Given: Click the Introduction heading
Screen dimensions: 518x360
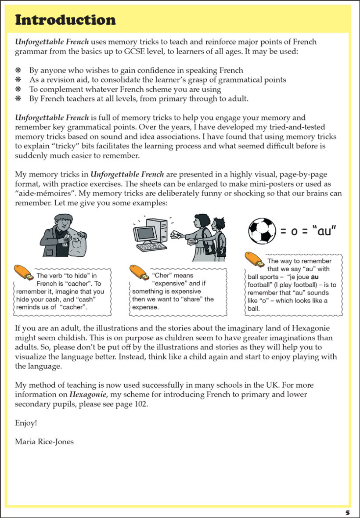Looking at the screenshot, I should click(x=65, y=20).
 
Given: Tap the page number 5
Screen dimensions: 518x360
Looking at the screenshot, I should click(x=347, y=512).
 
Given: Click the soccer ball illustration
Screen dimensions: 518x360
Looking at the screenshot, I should click(x=262, y=231).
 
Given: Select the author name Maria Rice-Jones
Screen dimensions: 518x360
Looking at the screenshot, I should click(x=44, y=441).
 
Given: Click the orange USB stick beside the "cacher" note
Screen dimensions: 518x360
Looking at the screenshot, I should click(x=24, y=272).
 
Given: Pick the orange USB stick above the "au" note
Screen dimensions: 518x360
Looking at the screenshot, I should click(x=255, y=259).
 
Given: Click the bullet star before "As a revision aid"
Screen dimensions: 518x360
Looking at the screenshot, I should click(x=18, y=80).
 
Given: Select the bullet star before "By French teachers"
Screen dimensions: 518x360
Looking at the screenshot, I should click(x=18, y=99).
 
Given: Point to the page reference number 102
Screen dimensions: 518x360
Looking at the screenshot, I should click(x=140, y=404).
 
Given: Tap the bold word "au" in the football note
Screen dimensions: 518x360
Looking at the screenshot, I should click(x=315, y=277).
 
